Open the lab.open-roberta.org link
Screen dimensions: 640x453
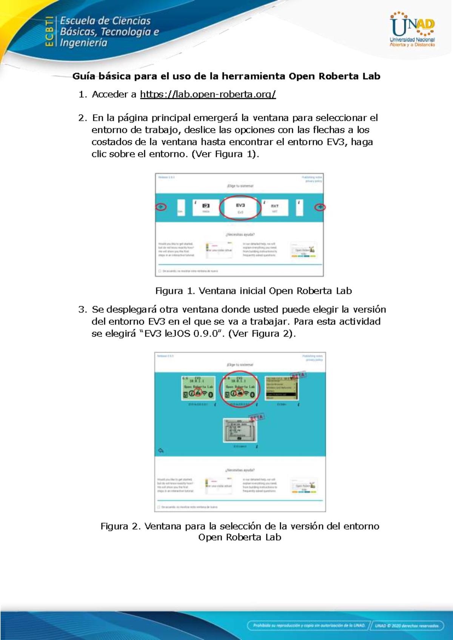pos(208,94)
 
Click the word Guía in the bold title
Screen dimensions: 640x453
pos(83,76)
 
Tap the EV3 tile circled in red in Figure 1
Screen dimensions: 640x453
pos(240,208)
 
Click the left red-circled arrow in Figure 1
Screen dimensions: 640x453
pos(161,207)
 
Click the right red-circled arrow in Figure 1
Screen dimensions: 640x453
pos(320,207)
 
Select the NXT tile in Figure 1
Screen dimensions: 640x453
pos(275,208)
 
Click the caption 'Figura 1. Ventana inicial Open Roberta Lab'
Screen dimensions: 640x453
pos(253,291)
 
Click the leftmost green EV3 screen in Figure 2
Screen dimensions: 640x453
pos(198,388)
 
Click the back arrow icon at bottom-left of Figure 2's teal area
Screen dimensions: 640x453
pos(161,451)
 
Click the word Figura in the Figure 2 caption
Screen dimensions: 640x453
pos(115,526)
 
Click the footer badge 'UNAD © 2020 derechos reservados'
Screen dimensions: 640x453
pos(407,626)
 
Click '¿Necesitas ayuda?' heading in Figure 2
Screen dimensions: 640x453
pos(240,470)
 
